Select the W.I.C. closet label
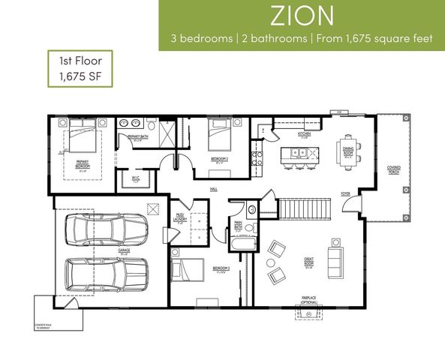click(137, 178)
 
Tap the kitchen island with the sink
click(299, 155)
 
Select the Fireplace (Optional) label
click(308, 300)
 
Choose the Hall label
click(213, 189)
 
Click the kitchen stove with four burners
click(255, 157)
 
